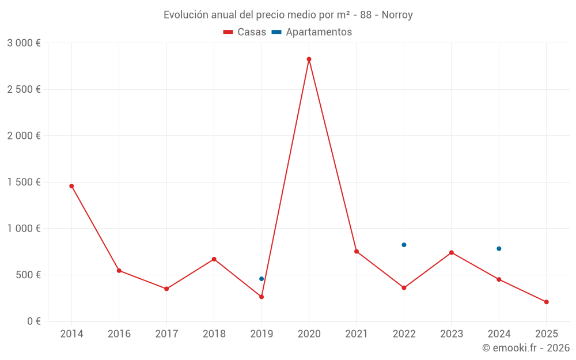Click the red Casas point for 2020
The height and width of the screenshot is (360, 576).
click(x=309, y=59)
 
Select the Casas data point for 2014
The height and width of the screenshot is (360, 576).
click(x=71, y=186)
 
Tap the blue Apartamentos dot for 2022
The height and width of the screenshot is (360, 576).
click(x=404, y=245)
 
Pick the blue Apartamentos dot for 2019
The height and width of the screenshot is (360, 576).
click(x=262, y=279)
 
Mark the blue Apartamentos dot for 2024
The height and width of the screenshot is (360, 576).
click(x=499, y=249)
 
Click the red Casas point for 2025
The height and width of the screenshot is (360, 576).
click(x=546, y=302)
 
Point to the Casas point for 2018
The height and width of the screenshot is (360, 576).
click(x=214, y=259)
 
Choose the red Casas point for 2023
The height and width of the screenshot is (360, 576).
click(x=452, y=252)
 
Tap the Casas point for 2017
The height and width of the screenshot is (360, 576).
click(x=166, y=289)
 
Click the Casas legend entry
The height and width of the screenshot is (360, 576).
click(x=245, y=32)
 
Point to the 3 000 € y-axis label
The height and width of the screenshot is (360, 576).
click(x=24, y=43)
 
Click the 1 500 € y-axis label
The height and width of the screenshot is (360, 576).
click(x=24, y=182)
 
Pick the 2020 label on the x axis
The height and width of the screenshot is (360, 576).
click(x=309, y=334)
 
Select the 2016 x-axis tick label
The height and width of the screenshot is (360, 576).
click(x=119, y=334)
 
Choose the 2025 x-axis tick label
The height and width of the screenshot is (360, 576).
click(x=546, y=334)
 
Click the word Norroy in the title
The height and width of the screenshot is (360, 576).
click(x=397, y=15)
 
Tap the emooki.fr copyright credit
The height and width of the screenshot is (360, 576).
click(x=525, y=348)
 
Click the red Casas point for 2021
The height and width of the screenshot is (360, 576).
click(x=357, y=251)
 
